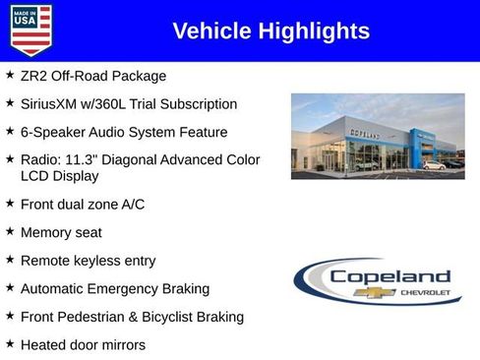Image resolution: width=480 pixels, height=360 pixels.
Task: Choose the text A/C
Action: coord(131,205)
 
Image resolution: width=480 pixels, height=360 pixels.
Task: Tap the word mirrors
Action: coord(120,345)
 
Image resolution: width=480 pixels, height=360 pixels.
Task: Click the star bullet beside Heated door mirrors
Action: coord(10,344)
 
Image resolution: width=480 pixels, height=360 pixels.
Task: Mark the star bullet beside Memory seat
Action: coord(10,232)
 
